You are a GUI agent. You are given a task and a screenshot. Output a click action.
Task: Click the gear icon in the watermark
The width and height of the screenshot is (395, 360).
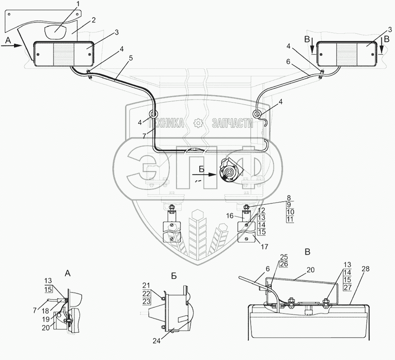point(198,124)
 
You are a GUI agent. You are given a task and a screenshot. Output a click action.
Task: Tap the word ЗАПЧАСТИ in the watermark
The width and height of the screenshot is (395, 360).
point(232,124)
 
